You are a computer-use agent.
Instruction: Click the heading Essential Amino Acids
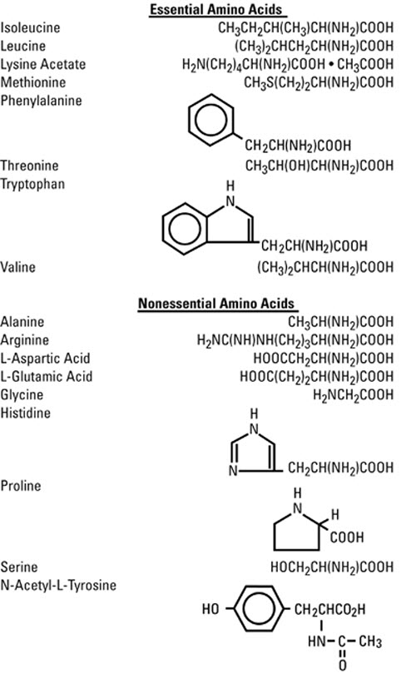[x=218, y=10]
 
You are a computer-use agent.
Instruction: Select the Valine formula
[x=324, y=268]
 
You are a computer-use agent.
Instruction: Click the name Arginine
[x=26, y=339]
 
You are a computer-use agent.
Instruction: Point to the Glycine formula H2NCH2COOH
[x=353, y=394]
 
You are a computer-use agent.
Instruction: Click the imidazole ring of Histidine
[x=254, y=453]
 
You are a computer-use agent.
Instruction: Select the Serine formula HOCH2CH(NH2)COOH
[x=332, y=567]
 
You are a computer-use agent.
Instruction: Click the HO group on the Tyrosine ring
[x=211, y=610]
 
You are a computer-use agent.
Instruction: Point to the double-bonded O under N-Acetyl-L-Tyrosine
[x=342, y=665]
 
